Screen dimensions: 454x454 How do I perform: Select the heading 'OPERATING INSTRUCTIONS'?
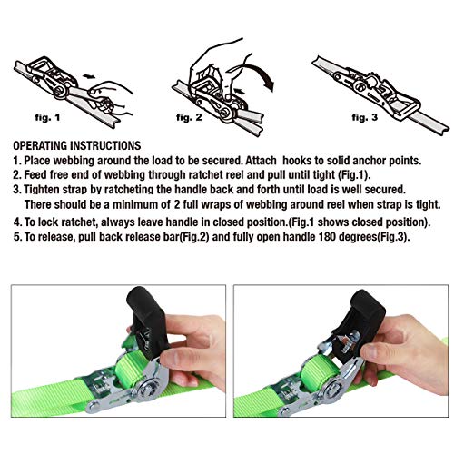[77, 145]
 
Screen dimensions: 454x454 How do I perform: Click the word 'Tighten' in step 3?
[47, 192]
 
